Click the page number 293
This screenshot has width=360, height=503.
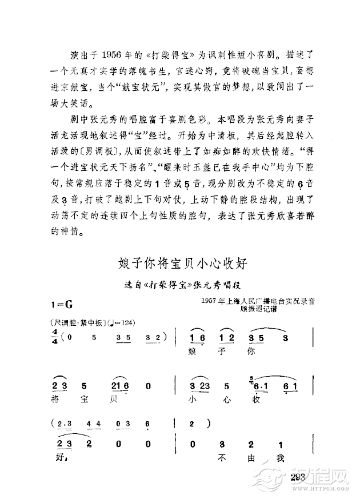[x=299, y=478]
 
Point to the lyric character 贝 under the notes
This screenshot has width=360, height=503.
[x=116, y=399]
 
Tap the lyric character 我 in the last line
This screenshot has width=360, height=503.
[x=279, y=458]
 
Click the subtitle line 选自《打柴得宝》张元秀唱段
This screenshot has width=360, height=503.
[x=180, y=284]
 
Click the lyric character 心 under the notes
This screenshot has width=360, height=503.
[x=226, y=399]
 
